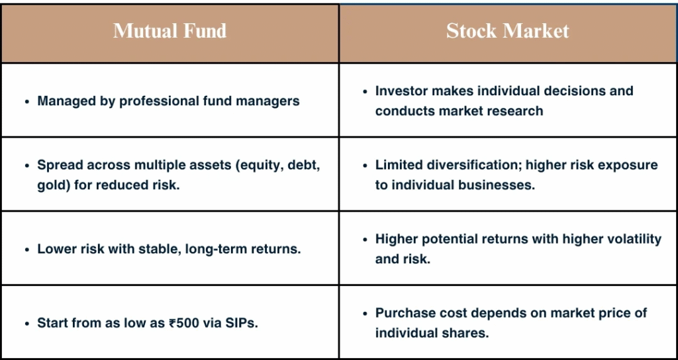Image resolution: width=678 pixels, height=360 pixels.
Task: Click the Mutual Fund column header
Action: [x=170, y=31]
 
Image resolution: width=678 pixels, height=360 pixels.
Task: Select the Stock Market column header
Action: [x=508, y=31]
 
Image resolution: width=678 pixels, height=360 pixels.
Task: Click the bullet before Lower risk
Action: [x=27, y=249]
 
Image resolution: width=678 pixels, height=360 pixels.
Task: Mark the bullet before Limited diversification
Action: [x=365, y=165]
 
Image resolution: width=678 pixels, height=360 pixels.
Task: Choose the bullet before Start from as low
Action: [x=27, y=323]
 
